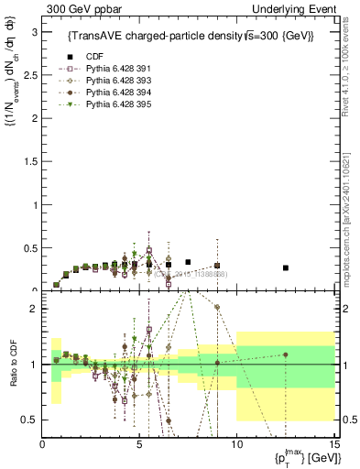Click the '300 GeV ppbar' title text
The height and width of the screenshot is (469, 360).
tap(80, 9)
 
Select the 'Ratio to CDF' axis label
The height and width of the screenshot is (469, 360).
tap(13, 353)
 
